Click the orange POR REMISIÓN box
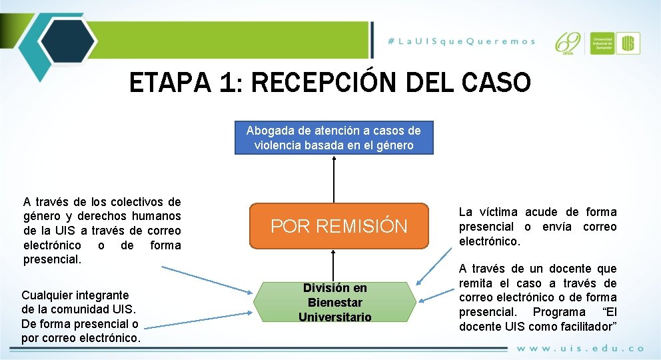338,226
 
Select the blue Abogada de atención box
334,138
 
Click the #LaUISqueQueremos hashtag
462,41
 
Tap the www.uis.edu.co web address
580,348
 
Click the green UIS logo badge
628,43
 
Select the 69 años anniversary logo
569,43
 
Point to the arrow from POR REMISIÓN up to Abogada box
334,179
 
